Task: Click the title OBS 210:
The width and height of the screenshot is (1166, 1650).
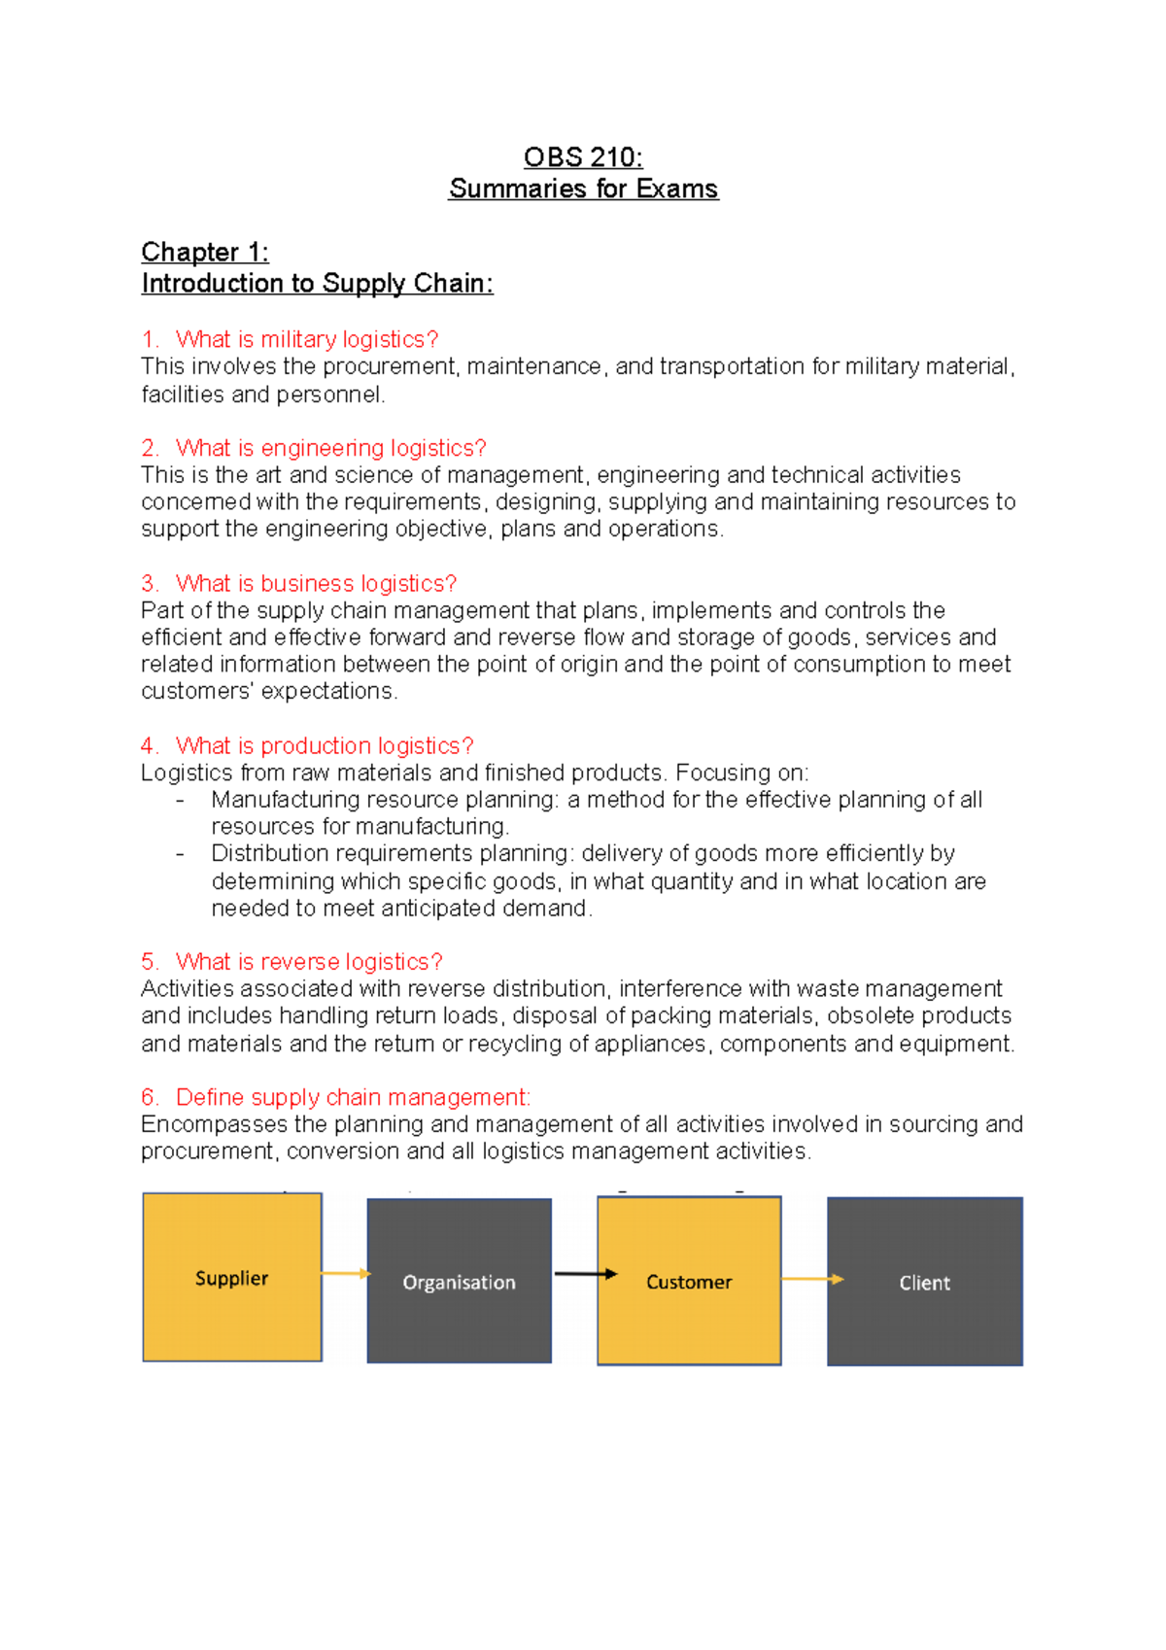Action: tap(583, 157)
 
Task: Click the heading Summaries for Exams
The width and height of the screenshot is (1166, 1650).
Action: tap(583, 189)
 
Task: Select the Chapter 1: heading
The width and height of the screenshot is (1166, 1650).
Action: tap(205, 253)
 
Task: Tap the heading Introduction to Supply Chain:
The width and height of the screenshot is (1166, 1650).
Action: tap(317, 284)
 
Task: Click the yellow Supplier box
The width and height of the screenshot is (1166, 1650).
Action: tap(231, 1277)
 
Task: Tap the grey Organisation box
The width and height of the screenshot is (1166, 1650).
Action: tap(459, 1281)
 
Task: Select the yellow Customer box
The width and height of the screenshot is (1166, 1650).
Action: tap(689, 1281)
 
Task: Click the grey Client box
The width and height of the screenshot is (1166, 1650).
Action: tap(924, 1281)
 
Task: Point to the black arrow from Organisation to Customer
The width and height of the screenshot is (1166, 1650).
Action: tap(585, 1274)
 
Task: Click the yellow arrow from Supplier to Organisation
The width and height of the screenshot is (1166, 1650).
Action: tap(345, 1273)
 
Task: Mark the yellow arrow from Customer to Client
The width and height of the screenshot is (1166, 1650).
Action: tap(811, 1279)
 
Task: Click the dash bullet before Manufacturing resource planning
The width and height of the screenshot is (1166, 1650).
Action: tap(180, 801)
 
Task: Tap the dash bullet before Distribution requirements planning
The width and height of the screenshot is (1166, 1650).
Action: tap(180, 854)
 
